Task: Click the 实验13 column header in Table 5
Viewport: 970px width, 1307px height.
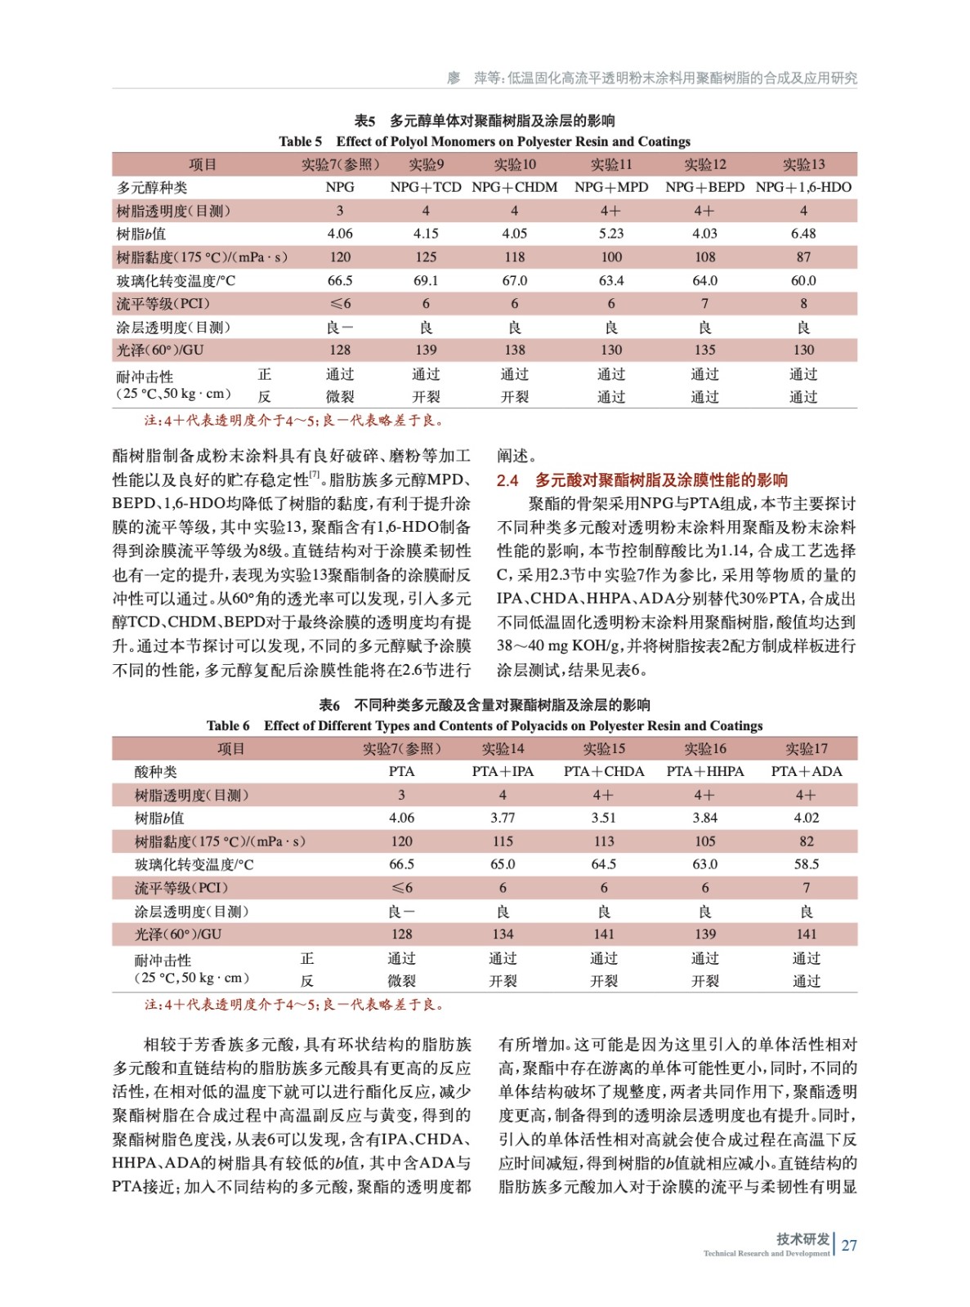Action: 803,164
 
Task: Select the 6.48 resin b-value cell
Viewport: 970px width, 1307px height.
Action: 803,234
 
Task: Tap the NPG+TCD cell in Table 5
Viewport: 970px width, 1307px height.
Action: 426,187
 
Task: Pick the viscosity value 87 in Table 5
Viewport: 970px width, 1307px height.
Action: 803,257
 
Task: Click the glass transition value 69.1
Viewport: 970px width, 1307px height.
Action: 426,280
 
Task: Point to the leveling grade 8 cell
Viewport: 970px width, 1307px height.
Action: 803,304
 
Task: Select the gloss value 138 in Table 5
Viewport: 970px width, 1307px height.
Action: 515,350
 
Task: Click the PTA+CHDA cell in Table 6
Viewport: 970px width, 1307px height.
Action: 604,771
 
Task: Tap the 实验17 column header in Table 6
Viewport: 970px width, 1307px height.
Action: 807,748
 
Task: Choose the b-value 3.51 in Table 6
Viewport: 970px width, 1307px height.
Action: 604,818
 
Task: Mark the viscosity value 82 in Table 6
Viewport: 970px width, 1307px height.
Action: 807,841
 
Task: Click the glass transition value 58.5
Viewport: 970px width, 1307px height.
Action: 807,864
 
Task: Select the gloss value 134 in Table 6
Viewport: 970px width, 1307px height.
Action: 503,934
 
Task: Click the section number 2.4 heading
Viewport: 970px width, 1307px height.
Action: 507,480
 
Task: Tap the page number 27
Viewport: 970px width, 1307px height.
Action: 849,1246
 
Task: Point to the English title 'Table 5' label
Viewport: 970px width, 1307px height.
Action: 301,141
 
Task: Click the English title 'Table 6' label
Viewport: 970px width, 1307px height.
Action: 228,725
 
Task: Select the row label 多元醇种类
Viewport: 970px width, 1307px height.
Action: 152,187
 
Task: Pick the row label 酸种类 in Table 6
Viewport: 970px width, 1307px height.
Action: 156,771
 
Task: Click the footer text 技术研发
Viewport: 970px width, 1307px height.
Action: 802,1238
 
